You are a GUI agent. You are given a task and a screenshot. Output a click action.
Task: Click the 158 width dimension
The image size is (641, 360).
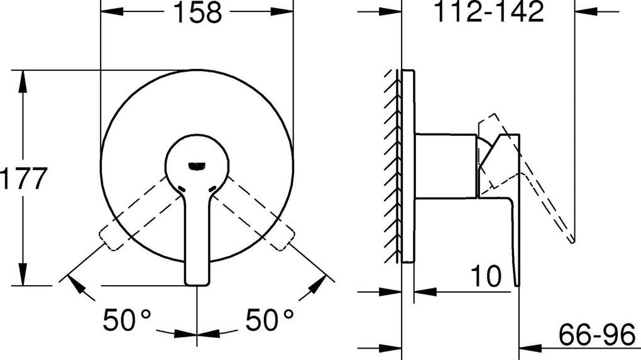197,13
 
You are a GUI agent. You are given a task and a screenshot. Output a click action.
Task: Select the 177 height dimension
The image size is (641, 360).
23,180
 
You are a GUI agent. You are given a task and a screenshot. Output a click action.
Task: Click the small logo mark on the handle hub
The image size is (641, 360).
197,165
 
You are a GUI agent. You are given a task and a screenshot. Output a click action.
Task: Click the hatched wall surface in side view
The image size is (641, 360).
393,166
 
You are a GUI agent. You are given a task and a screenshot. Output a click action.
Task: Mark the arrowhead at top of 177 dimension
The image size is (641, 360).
23,78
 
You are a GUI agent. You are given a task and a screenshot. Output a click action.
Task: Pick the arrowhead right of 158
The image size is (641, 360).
283,12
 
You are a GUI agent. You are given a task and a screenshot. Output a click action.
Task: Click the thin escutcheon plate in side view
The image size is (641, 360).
408,166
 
